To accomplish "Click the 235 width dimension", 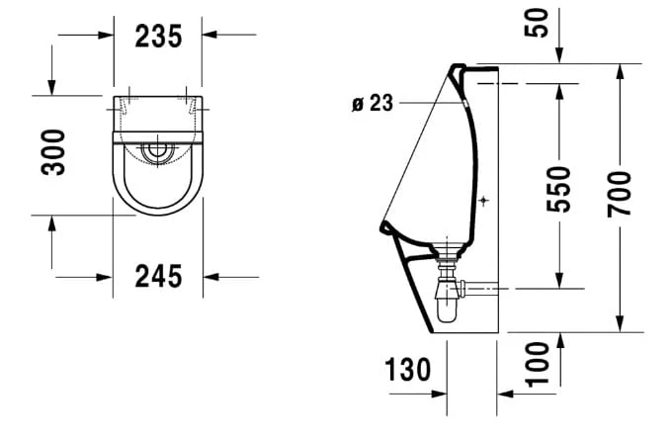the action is [x=158, y=36].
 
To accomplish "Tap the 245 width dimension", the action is [x=158, y=276].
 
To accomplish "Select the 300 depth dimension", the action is [x=53, y=152].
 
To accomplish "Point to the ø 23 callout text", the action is [x=373, y=103].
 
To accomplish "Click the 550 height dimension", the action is [x=558, y=189].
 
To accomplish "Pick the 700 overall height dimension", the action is [x=619, y=194].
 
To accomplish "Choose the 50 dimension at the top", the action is [x=537, y=23].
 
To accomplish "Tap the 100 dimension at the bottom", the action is [x=537, y=364].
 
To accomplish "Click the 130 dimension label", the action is [x=407, y=369].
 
